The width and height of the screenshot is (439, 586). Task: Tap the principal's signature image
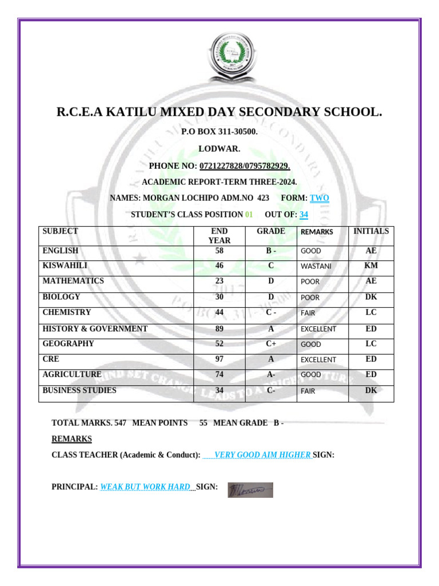250,490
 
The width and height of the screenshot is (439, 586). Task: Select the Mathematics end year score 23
219,281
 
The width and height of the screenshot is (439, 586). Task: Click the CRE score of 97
219,359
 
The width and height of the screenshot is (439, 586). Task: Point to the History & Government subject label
95,328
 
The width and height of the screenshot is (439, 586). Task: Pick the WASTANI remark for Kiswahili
316,266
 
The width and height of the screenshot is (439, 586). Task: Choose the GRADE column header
271,231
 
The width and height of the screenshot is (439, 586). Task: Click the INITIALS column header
371,231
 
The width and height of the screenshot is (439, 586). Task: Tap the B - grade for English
271,251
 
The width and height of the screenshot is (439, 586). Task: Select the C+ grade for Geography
271,344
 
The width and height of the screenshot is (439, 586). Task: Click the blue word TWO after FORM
320,198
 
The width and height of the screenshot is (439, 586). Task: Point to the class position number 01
249,215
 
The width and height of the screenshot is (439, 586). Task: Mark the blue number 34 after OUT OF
304,215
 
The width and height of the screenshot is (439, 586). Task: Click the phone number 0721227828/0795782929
245,166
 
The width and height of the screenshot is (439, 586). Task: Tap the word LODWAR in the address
219,149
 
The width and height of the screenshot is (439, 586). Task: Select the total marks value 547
120,423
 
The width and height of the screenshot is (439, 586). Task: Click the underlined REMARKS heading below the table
71,439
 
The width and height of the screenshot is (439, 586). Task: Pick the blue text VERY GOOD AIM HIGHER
262,455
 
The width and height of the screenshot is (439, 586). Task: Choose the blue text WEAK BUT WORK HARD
145,487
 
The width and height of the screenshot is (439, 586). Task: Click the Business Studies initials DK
371,390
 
